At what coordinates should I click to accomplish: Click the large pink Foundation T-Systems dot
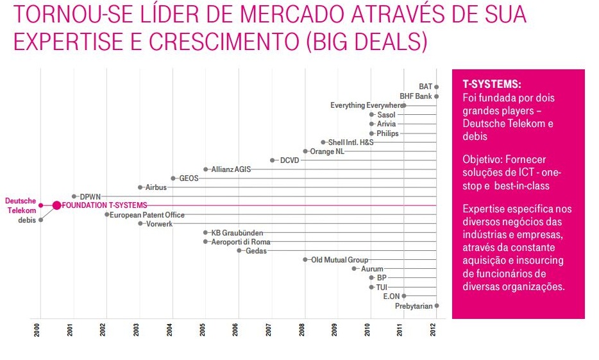coord(56,205)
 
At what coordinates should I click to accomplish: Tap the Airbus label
coord(156,187)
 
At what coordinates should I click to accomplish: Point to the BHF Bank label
coord(416,96)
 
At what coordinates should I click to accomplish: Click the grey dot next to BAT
coord(436,87)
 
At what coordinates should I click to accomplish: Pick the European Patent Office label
coord(147,215)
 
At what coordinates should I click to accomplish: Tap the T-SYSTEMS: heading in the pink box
coord(492,85)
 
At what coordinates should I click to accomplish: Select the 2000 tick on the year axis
coord(41,331)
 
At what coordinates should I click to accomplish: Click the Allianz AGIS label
coord(231,169)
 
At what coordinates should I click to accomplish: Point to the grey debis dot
coord(41,219)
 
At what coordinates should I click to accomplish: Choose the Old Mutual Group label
coord(339,260)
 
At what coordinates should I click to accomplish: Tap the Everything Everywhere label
coord(366,105)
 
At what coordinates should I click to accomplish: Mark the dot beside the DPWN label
coord(74,196)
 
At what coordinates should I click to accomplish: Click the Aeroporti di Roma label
coord(240,242)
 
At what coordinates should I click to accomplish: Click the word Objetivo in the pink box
coord(483,159)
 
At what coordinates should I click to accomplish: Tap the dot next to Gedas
coord(239,251)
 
